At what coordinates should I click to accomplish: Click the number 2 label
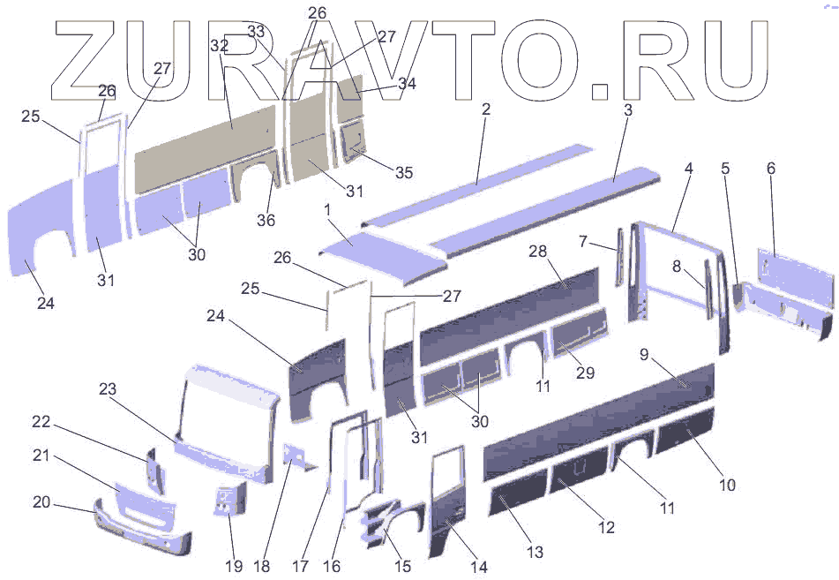pos(486,109)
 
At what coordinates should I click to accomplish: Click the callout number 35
pos(403,173)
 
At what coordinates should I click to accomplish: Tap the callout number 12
pos(606,528)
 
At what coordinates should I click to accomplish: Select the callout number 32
pos(220,45)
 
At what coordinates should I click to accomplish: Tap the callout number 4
pos(688,167)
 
